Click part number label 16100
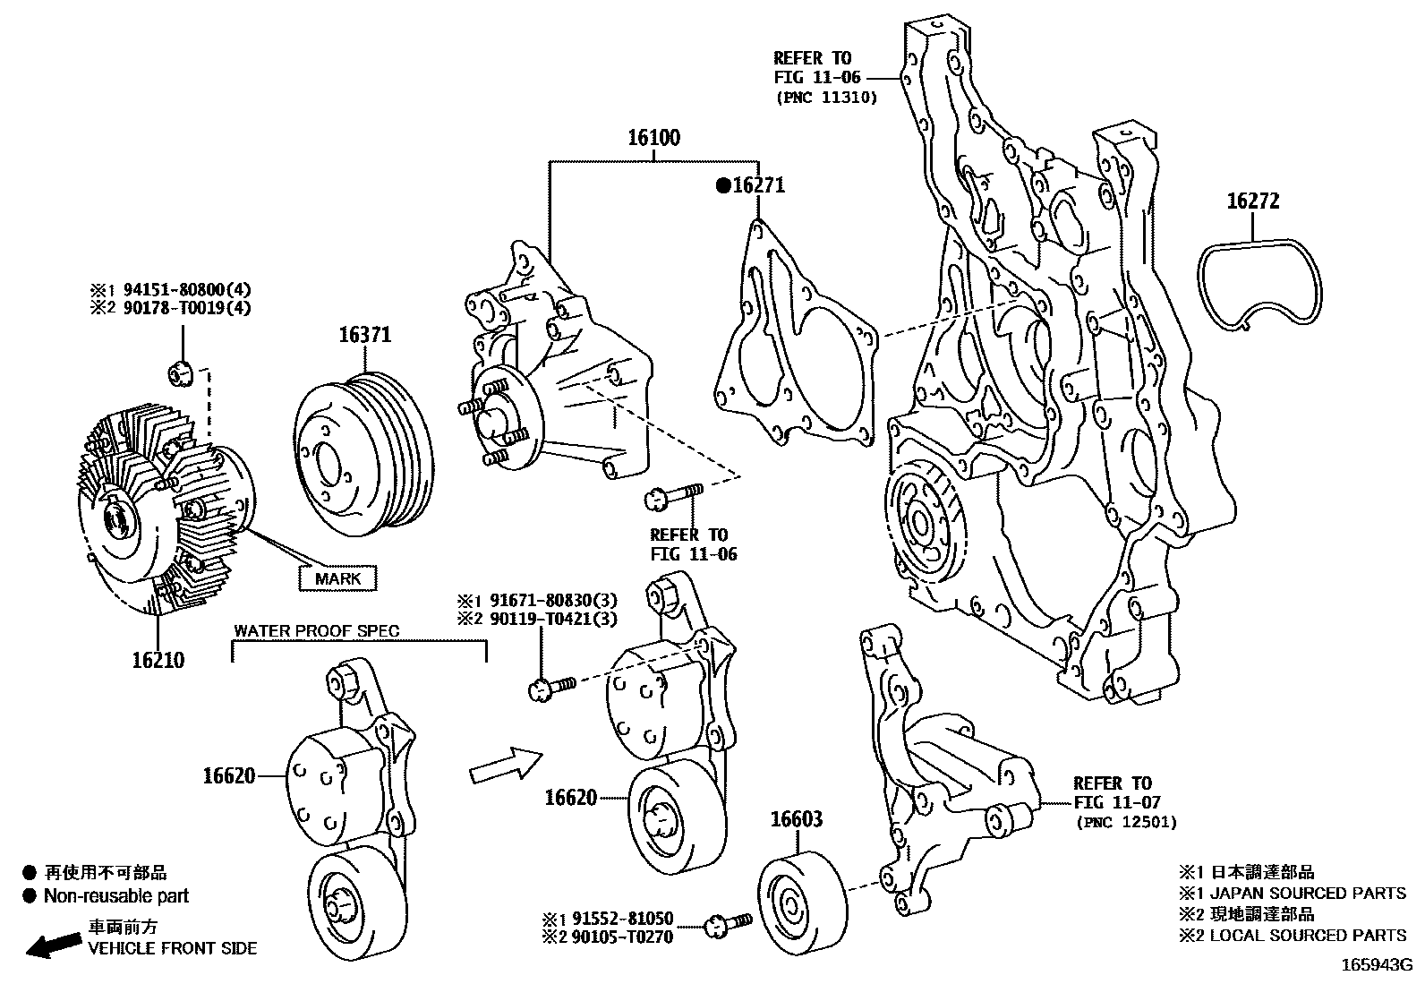(x=653, y=138)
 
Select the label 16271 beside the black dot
(x=758, y=185)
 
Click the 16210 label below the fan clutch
(x=158, y=661)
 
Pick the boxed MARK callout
(x=337, y=578)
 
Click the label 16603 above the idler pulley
(x=797, y=819)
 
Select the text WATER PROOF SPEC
(x=317, y=630)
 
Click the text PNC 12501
(x=1126, y=822)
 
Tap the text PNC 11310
(x=826, y=98)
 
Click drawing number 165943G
(x=1375, y=966)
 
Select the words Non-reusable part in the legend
(x=116, y=895)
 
